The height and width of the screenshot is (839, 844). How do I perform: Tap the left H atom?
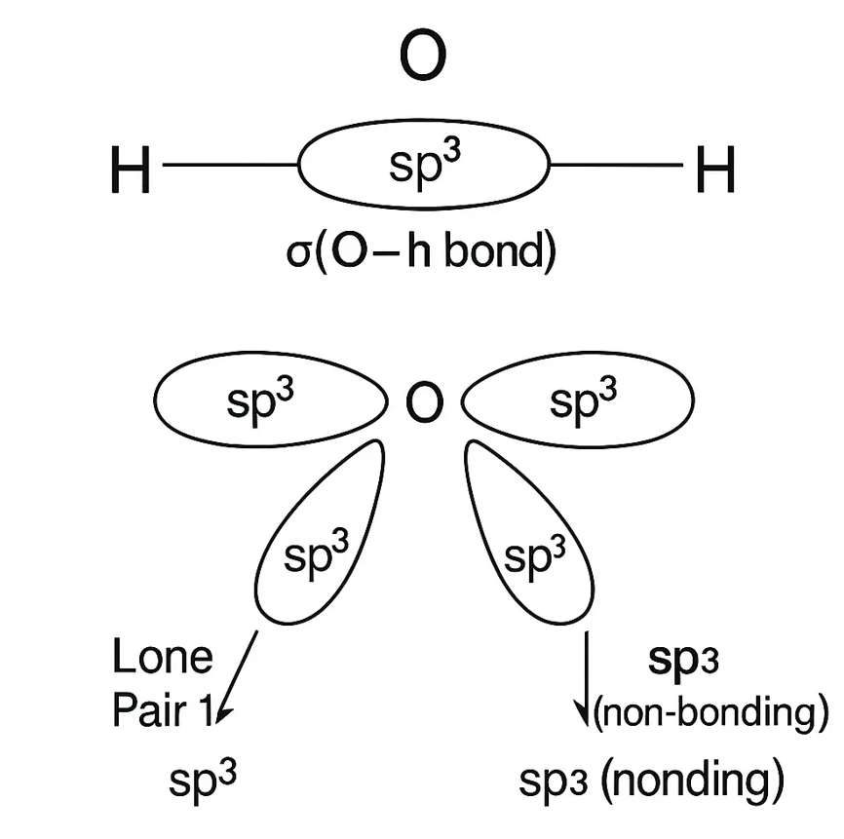(131, 173)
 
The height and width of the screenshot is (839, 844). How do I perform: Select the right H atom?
(714, 173)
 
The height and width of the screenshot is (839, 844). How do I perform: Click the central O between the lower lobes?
(422, 402)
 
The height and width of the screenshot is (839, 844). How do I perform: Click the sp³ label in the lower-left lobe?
(315, 555)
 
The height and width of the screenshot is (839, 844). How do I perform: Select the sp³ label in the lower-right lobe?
(533, 555)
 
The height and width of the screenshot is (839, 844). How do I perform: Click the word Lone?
(162, 658)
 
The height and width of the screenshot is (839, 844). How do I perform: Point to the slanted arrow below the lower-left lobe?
(239, 675)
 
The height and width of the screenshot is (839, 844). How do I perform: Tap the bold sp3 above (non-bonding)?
(682, 661)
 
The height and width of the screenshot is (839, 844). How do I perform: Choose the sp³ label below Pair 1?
(204, 780)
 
